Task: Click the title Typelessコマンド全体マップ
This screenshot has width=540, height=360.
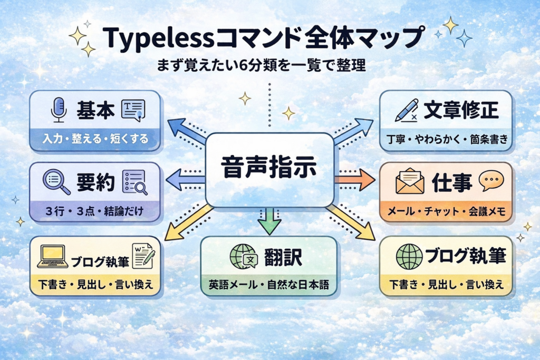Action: point(262,38)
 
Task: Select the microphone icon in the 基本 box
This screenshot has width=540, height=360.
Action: point(58,110)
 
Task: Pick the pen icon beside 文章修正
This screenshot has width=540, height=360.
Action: point(406,110)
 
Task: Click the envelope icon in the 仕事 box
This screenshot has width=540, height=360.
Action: point(410,182)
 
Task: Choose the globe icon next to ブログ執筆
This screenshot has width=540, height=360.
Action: point(409,257)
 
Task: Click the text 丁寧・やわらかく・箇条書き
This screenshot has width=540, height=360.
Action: point(446,140)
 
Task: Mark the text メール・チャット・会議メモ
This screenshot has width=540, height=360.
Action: point(446,212)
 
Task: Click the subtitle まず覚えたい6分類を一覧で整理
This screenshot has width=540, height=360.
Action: point(262,67)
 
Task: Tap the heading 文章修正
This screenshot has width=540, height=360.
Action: point(461,110)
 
